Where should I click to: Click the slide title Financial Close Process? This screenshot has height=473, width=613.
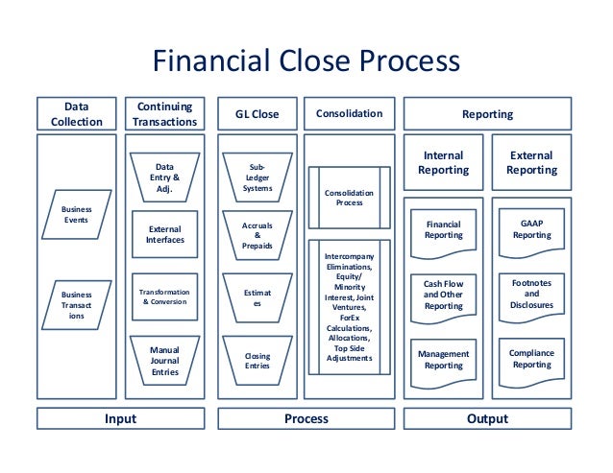tap(306, 63)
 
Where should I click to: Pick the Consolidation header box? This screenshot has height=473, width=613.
tap(349, 115)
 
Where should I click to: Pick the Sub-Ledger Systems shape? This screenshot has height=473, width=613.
tap(257, 177)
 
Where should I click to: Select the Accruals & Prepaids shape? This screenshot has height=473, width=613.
tap(257, 235)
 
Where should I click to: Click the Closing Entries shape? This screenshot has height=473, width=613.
tap(257, 359)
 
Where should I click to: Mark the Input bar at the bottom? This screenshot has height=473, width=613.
tap(120, 419)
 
